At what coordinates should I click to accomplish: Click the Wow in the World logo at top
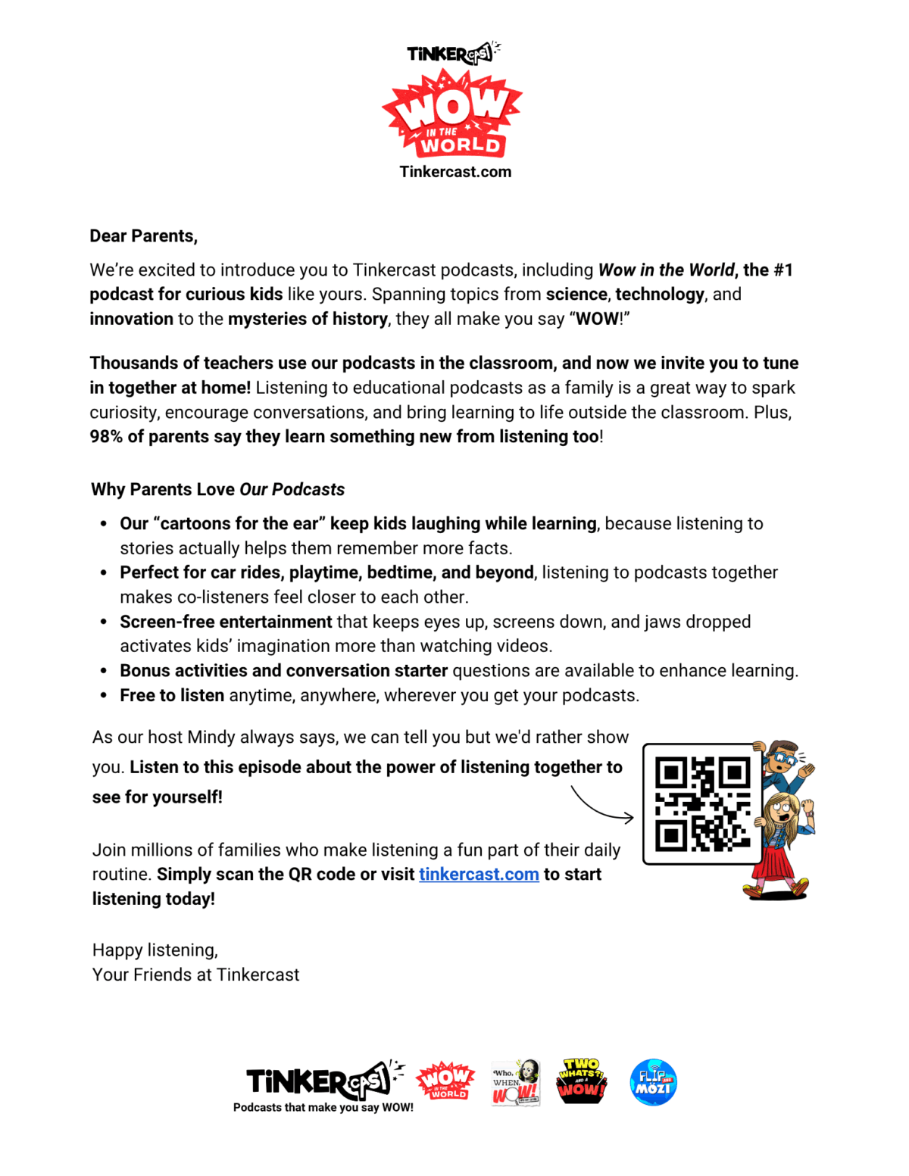[x=452, y=114]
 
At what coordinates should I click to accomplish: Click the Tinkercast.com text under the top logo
[x=455, y=172]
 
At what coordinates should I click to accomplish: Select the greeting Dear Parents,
[x=143, y=236]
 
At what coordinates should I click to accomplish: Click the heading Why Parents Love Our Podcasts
[x=217, y=489]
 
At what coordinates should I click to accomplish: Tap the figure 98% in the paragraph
[x=106, y=437]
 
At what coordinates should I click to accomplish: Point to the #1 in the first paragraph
[x=782, y=270]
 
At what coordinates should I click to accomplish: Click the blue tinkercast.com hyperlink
[x=479, y=875]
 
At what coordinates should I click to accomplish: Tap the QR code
[x=702, y=803]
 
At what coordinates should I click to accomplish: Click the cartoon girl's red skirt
[x=776, y=863]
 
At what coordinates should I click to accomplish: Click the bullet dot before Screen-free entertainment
[x=104, y=622]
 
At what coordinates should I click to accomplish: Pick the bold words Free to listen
[x=172, y=696]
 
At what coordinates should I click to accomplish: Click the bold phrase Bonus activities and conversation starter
[x=283, y=671]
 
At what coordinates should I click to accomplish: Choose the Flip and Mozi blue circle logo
[x=653, y=1082]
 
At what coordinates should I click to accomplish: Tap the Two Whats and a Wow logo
[x=581, y=1081]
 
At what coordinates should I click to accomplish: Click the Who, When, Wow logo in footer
[x=515, y=1082]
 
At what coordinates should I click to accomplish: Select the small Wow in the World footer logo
[x=445, y=1081]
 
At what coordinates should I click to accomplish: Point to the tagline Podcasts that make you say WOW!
[x=323, y=1108]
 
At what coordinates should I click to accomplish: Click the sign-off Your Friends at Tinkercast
[x=195, y=975]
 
